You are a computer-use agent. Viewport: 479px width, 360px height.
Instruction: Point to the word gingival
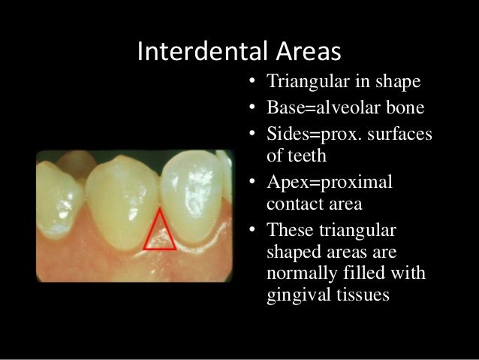pyautogui.click(x=298, y=295)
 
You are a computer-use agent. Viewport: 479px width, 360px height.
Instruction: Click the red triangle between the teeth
pyautogui.click(x=160, y=231)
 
